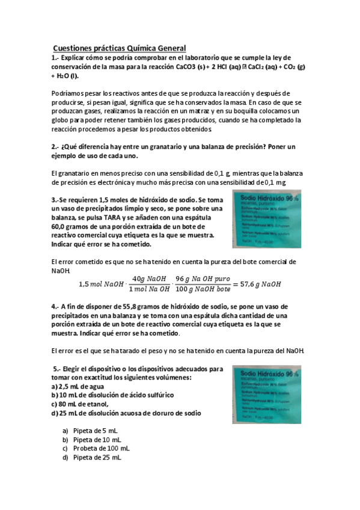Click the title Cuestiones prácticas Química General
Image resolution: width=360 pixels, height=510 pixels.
coord(120,48)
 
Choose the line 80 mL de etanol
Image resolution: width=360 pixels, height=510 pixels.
coord(80,404)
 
